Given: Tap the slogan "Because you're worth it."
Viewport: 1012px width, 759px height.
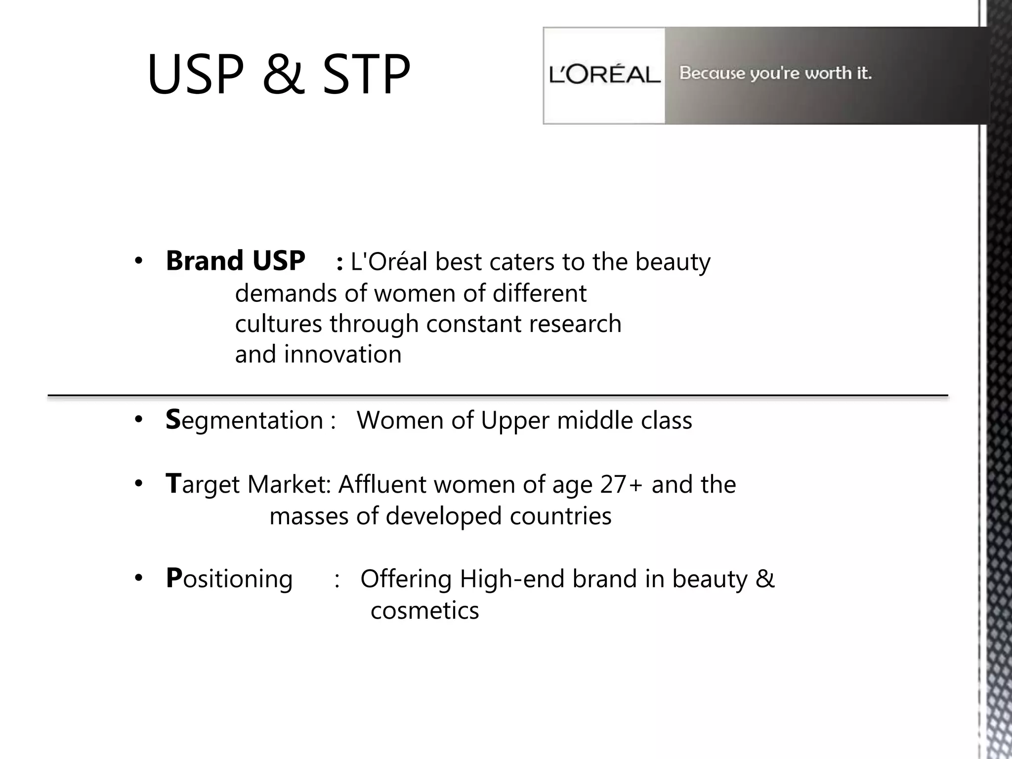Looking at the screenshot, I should pos(775,73).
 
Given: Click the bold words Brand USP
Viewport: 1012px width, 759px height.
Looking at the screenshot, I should pos(235,261).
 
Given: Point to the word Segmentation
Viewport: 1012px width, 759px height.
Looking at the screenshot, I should pos(245,421).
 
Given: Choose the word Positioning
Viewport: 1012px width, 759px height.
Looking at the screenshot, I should pos(229,579).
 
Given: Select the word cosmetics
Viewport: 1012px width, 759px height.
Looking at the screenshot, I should pos(424,611).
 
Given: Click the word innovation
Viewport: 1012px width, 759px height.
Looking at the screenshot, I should pos(342,355).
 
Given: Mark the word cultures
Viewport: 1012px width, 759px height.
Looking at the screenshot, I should pos(278,324).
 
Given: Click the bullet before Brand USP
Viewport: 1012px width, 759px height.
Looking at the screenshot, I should pos(138,261).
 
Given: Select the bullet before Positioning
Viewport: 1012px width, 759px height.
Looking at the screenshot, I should pos(138,578).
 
